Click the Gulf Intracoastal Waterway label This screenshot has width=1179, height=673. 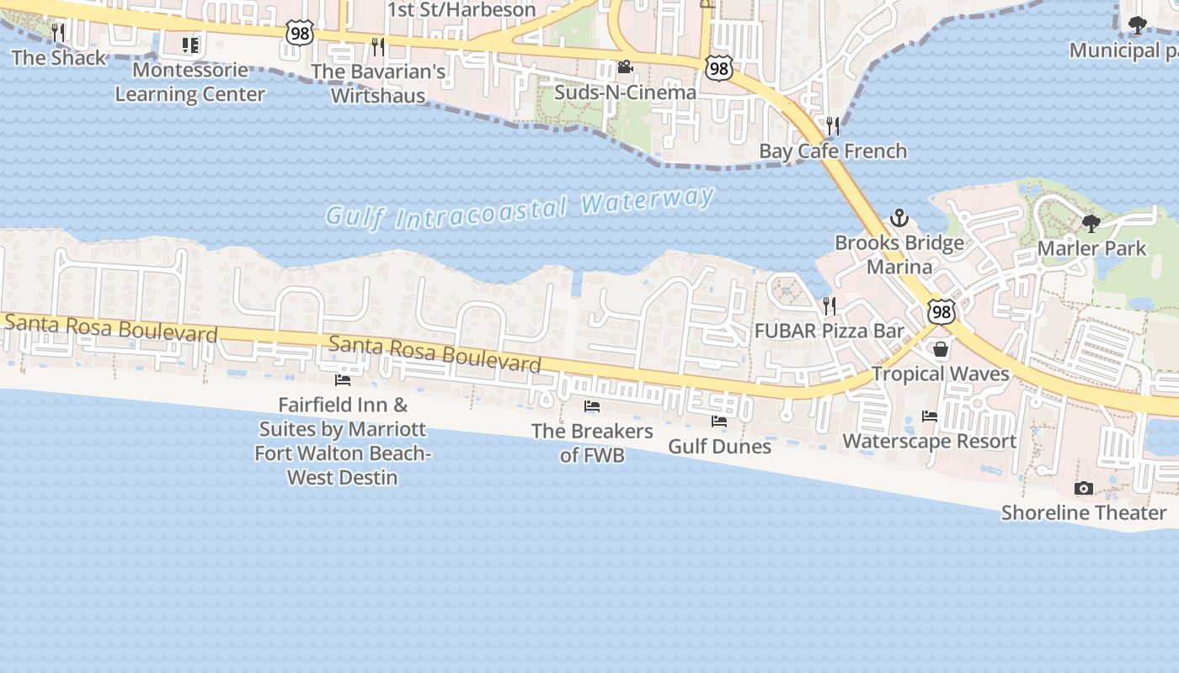(x=520, y=207)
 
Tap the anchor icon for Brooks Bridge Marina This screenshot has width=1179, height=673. (x=899, y=219)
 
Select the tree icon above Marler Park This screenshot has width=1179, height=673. (x=1091, y=224)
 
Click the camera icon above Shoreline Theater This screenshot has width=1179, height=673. (x=1084, y=488)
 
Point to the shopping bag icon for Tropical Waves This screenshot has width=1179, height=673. (x=941, y=348)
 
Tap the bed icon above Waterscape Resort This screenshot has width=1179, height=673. (x=930, y=416)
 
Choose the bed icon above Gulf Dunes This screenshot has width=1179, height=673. (x=719, y=421)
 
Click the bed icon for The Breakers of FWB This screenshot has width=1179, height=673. (x=592, y=406)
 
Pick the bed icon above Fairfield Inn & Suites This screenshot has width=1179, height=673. (x=343, y=380)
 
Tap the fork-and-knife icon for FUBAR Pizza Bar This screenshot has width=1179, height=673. (x=830, y=305)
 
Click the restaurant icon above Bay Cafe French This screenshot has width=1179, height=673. (x=833, y=126)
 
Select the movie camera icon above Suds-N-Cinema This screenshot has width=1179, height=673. (x=625, y=67)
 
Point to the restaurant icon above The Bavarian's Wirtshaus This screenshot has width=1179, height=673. (x=378, y=46)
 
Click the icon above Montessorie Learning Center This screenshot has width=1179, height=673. (x=190, y=45)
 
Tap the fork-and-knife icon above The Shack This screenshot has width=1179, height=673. (x=58, y=33)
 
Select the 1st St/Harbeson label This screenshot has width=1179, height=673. (x=461, y=10)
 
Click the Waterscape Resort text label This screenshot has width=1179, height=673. (x=930, y=441)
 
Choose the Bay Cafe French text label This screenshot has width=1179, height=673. (x=833, y=151)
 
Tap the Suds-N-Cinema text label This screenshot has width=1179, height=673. (x=625, y=92)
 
